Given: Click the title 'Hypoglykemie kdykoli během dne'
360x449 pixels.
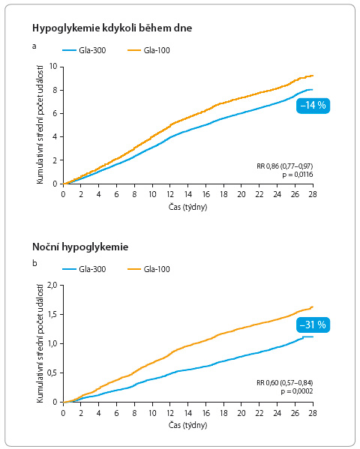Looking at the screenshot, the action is point(112,28).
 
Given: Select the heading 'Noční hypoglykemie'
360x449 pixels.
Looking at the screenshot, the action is point(80,247).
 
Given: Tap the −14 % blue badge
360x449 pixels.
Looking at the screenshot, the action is point(313,106).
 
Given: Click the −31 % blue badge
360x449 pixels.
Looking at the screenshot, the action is point(313,325).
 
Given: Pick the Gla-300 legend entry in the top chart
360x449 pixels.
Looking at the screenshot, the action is point(84,50).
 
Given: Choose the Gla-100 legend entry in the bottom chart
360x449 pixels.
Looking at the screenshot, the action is point(148,269).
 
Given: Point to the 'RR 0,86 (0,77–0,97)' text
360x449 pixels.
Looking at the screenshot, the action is point(284,166).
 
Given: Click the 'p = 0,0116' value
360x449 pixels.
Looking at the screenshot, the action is point(298,175).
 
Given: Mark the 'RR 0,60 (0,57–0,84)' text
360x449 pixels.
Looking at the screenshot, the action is point(284,382).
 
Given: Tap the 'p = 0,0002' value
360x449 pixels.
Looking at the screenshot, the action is point(297,391).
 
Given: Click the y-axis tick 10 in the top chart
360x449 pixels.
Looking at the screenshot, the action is point(53,67).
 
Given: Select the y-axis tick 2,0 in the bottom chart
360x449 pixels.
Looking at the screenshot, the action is point(52,286).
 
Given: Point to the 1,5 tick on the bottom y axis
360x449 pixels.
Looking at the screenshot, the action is point(52,315).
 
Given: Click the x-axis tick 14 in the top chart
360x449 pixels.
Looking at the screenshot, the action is point(188,194).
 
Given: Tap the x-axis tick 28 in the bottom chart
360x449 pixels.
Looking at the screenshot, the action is point(313,413).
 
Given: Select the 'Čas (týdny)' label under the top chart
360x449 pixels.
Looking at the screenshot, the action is point(187,207).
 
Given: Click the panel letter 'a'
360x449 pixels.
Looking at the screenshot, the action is point(34,46).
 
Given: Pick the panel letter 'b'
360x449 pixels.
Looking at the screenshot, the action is point(34,263).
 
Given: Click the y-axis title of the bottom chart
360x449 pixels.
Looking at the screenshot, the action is point(40,343).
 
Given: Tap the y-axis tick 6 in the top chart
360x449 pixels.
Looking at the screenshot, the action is point(55,113).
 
